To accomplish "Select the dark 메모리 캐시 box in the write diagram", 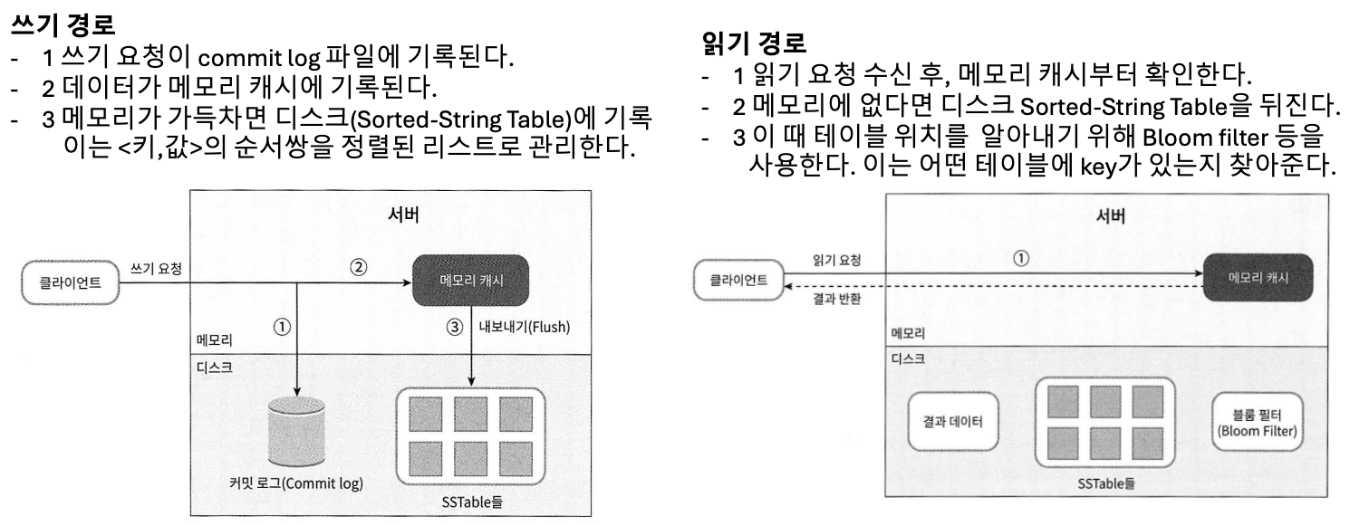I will [458, 282].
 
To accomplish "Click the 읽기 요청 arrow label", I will [836, 261].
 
